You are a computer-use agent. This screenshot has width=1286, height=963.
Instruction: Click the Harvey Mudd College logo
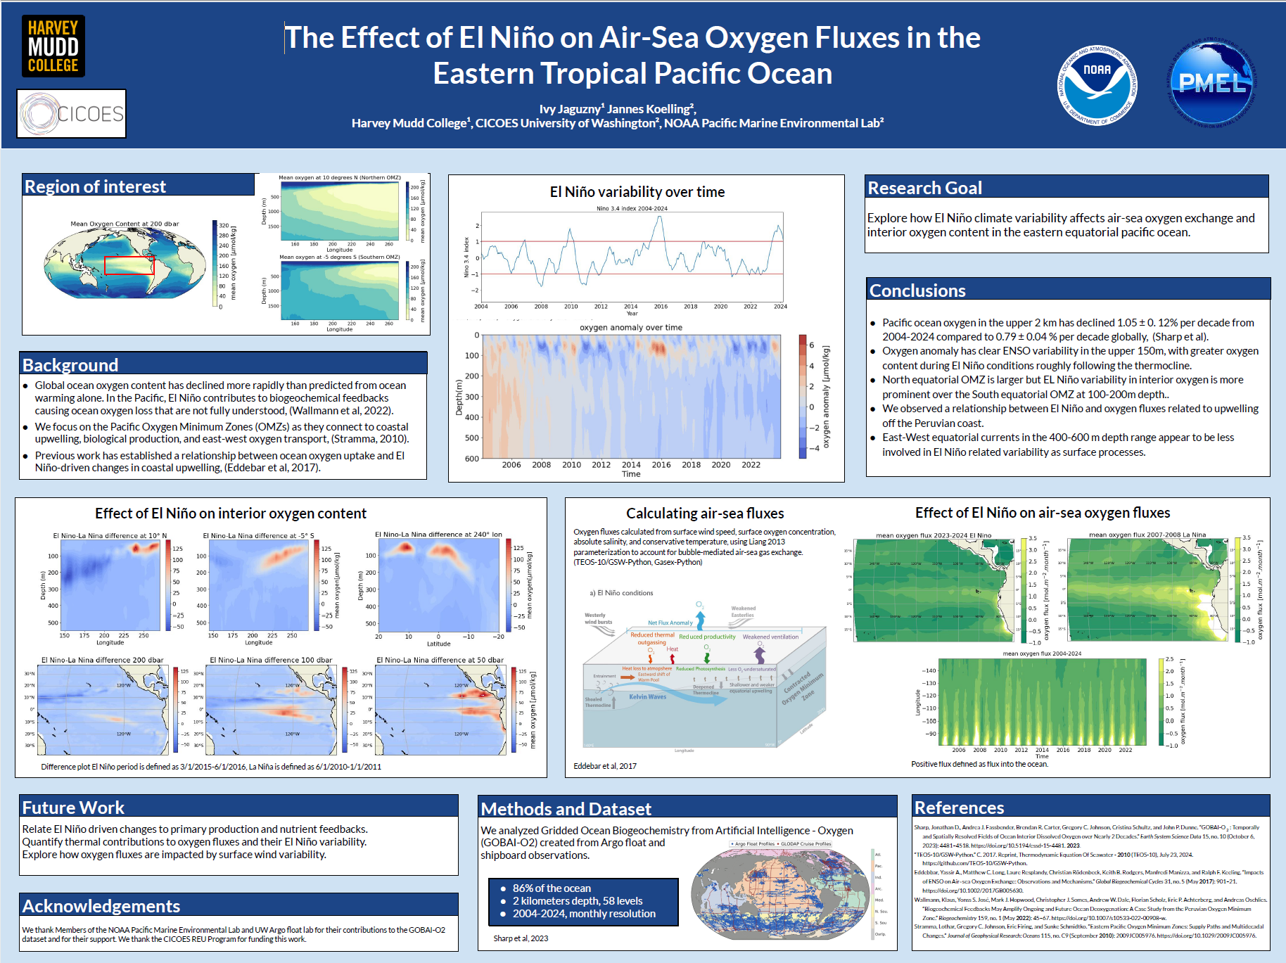click(53, 46)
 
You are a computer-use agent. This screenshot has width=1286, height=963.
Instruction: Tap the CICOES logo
click(71, 113)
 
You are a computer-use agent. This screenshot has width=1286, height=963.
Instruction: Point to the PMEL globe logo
click(1212, 83)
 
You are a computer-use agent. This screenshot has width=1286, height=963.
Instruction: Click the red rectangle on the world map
click(129, 265)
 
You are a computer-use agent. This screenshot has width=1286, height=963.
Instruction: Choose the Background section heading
click(70, 365)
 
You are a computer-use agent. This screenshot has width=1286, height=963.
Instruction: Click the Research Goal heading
click(924, 188)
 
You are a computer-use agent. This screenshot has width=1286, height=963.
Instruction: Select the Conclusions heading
click(917, 291)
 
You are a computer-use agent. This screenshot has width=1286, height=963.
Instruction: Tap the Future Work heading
click(73, 808)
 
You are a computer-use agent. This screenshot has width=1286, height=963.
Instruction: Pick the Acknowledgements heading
click(101, 906)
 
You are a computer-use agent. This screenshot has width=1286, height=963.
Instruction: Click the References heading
click(959, 808)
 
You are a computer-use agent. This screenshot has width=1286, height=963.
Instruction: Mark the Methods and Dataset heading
click(566, 809)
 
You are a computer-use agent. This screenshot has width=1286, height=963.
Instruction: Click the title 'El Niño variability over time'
click(637, 192)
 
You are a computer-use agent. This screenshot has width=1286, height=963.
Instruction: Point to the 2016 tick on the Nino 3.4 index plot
click(661, 307)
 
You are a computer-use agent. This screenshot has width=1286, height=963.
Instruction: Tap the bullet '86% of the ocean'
click(552, 888)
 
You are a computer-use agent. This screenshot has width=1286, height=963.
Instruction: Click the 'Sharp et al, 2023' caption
click(521, 938)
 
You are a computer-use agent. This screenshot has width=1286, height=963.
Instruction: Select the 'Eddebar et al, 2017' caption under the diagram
click(604, 766)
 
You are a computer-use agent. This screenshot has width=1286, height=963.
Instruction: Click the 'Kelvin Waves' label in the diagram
click(647, 697)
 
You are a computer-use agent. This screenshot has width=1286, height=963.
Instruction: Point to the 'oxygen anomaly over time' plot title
click(630, 328)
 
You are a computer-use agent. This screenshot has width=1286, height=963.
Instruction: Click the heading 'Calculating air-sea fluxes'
click(705, 514)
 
